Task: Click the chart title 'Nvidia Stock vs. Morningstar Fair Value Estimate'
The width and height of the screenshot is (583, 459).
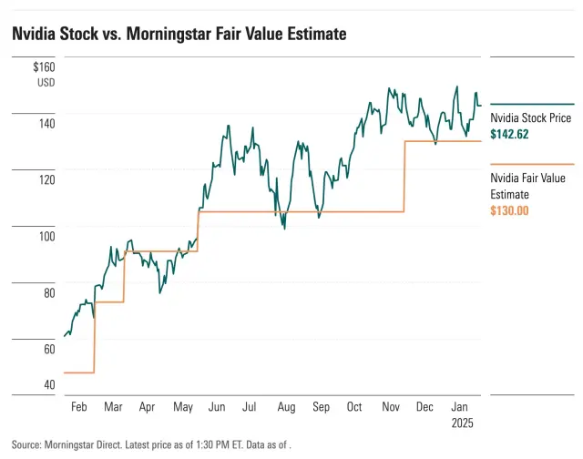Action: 179,34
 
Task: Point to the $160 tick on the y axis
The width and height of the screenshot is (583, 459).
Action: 44,66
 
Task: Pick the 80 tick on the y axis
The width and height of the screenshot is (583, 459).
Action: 47,292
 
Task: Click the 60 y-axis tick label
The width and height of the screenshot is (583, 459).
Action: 47,349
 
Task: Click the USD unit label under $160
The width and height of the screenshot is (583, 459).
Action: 46,82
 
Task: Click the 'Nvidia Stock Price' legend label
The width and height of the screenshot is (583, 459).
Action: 531,118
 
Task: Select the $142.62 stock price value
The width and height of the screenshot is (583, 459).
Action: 509,135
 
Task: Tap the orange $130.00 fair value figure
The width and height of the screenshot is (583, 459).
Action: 509,210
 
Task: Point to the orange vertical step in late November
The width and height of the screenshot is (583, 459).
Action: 404,176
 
